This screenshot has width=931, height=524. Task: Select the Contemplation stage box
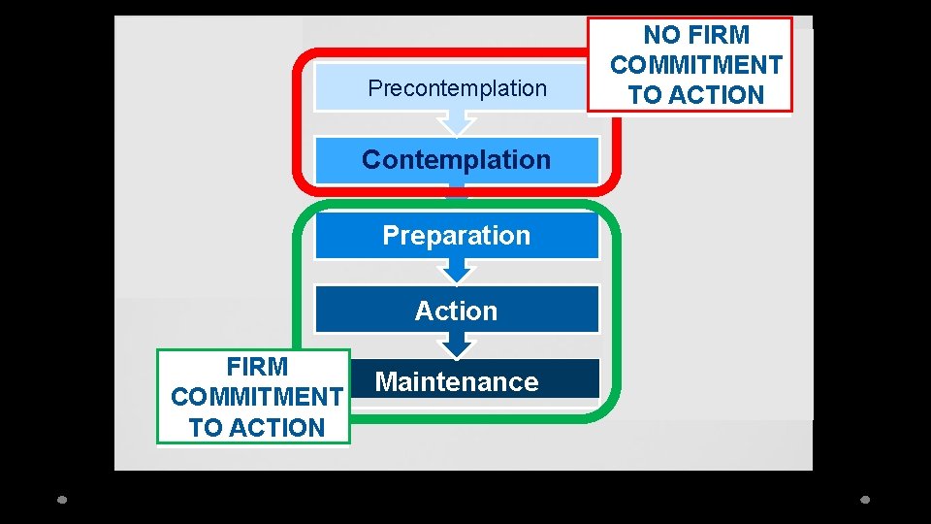[x=456, y=160]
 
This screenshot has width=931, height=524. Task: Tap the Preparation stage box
[x=456, y=236]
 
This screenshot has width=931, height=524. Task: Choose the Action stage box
[x=456, y=311]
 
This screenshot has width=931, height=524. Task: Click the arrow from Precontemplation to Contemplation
[x=456, y=123]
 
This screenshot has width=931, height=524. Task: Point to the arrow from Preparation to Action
[x=456, y=272]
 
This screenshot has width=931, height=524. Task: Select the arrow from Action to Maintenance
[x=456, y=345]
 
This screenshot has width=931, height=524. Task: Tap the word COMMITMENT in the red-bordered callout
[x=696, y=65]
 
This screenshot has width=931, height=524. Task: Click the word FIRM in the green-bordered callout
[x=257, y=367]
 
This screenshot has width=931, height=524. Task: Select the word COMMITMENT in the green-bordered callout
[x=256, y=397]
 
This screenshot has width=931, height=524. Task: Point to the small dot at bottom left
[x=62, y=500]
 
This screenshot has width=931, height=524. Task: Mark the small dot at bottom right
[x=866, y=500]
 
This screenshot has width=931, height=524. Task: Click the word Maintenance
[x=457, y=382]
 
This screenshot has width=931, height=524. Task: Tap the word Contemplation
[x=456, y=160]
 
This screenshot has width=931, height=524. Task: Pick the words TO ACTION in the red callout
[x=696, y=95]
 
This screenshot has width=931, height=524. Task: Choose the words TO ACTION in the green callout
[x=256, y=427]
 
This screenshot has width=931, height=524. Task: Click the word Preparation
[x=456, y=236]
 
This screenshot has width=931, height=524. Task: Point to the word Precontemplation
[x=458, y=88]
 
